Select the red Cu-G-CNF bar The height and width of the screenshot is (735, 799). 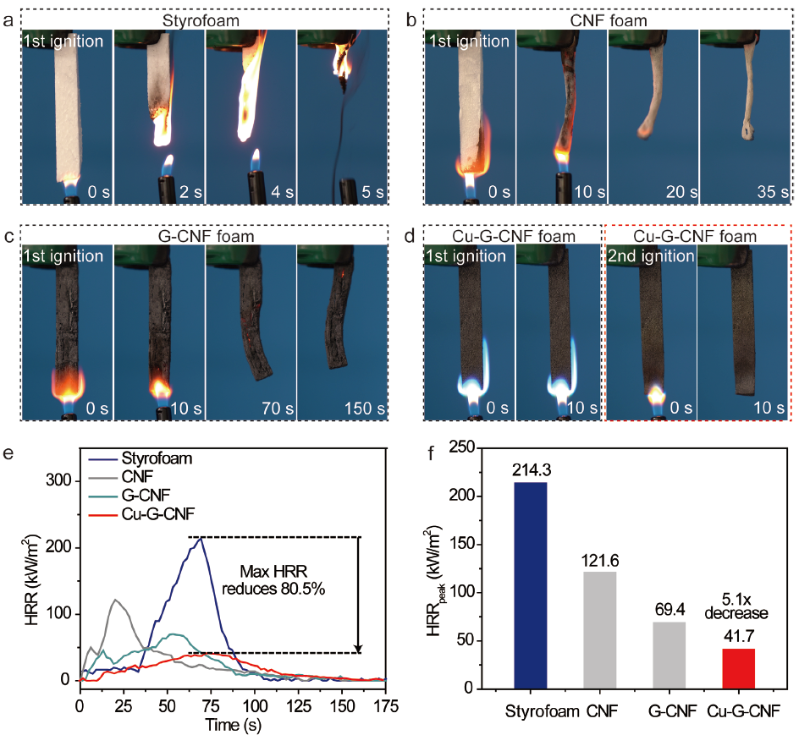point(738,669)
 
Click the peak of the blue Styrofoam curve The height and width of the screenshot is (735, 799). point(201,538)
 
